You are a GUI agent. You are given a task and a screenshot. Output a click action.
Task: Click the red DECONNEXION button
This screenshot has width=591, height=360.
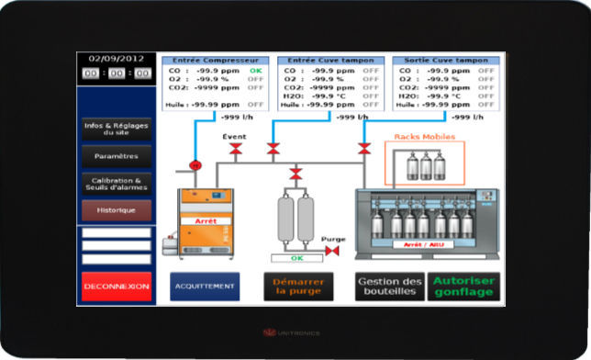(116, 287)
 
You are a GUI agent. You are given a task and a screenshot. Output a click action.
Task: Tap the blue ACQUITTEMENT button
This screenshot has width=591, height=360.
(204, 287)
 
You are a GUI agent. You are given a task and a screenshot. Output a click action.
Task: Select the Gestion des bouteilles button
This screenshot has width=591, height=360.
(390, 287)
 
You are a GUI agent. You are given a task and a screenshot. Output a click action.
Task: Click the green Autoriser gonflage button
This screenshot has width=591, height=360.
(463, 287)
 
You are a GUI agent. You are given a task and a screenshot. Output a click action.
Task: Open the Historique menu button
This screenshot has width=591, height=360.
(116, 209)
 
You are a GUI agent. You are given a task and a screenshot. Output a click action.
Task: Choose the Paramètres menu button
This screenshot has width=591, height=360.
(116, 155)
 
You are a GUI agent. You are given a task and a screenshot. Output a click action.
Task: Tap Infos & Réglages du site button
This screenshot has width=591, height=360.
(116, 129)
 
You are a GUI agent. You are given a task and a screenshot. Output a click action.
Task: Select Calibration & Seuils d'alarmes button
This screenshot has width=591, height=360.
(116, 185)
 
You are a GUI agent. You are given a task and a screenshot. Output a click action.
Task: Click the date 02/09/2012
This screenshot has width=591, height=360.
(117, 58)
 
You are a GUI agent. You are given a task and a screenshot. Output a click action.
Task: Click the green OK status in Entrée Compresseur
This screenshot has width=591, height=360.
(255, 70)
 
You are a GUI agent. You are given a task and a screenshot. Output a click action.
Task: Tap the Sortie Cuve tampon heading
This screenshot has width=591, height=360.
(445, 60)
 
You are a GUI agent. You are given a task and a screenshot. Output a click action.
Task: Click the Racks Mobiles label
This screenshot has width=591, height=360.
(424, 136)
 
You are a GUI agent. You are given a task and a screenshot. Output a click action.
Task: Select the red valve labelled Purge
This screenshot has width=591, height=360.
(332, 250)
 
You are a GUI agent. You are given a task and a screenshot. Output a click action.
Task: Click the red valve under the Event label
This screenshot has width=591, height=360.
(236, 148)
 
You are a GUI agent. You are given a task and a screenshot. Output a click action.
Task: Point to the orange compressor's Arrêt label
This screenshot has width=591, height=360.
(206, 221)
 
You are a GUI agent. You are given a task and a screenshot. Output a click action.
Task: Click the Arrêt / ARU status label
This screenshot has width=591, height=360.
(423, 244)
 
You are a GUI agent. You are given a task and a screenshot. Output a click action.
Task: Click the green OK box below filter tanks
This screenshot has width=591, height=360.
(296, 258)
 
